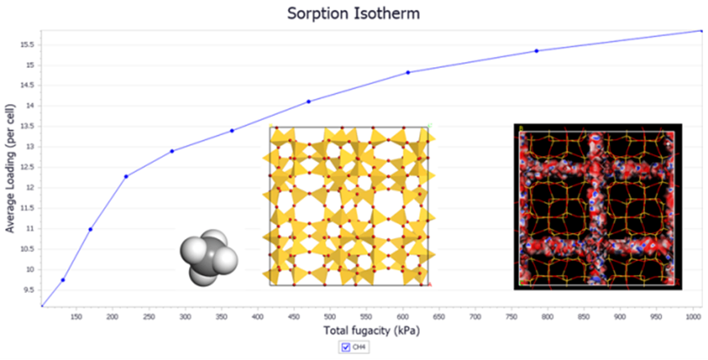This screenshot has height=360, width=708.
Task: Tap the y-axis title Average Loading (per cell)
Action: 11,168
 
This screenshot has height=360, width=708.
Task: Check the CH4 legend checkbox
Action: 345,348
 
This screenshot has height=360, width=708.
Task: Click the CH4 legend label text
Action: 359,348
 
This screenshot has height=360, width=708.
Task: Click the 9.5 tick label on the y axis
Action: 28,290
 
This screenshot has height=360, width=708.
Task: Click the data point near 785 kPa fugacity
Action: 536,51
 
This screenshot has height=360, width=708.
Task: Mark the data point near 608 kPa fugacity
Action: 408,72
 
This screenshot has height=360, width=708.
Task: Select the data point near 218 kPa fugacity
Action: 126,176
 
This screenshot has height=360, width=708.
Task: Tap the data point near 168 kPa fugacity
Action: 90,229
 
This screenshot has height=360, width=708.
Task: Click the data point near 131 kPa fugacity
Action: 63,280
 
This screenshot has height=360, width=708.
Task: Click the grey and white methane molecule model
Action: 208,257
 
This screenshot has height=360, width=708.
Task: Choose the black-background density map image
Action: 598,206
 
